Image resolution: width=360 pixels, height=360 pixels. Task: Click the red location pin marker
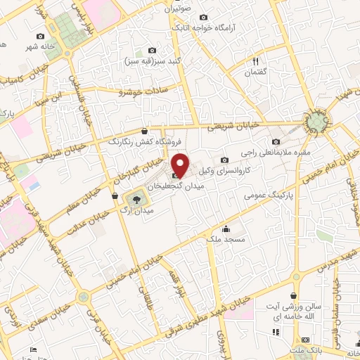click(x=181, y=166)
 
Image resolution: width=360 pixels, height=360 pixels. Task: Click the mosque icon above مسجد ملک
click(x=226, y=229)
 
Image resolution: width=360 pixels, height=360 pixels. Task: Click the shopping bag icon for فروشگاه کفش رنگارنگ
click(x=144, y=130)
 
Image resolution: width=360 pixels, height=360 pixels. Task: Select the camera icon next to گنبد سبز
click(x=153, y=50)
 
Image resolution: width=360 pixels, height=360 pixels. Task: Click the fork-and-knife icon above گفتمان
click(x=256, y=62)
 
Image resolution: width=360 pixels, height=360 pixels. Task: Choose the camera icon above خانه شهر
click(x=40, y=36)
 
